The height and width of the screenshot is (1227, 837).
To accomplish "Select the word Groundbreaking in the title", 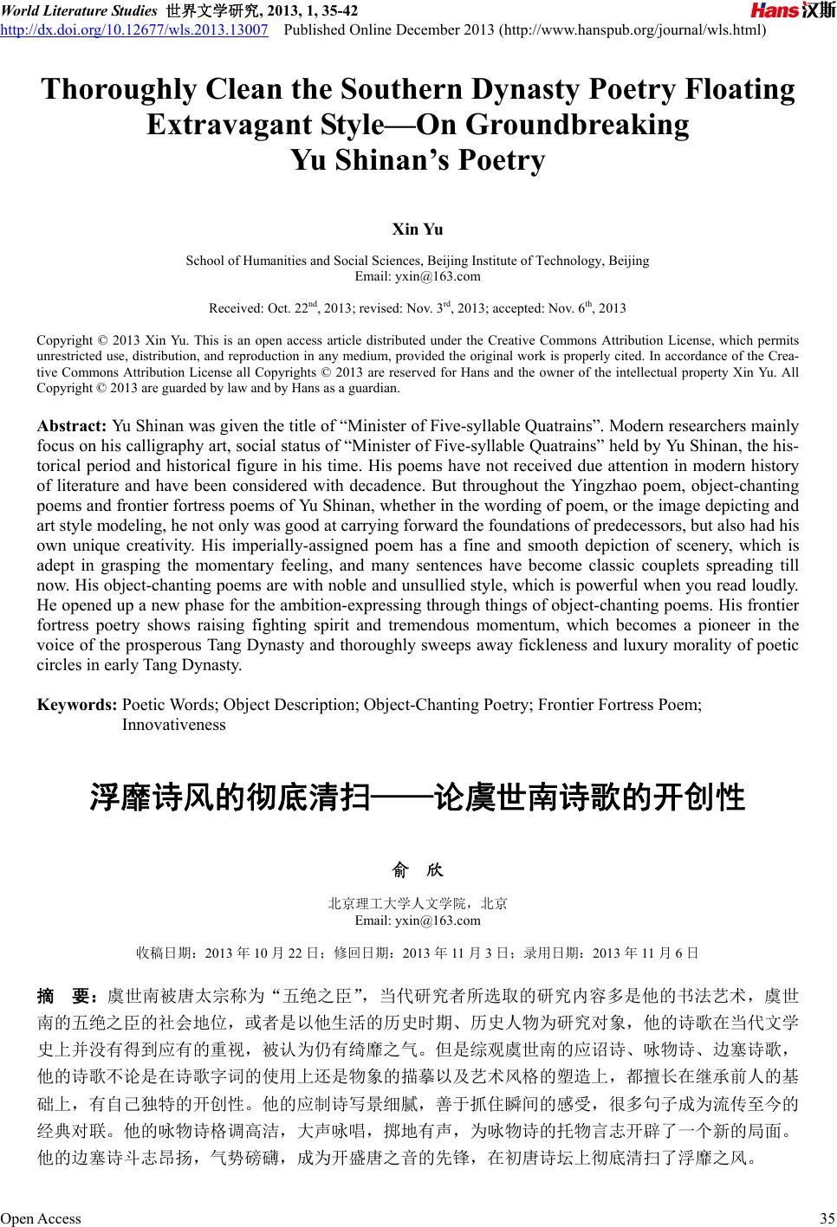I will click(x=577, y=126).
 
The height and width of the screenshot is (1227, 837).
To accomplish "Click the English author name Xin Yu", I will click(x=418, y=229).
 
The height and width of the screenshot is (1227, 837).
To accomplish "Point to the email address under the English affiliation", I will click(x=418, y=276).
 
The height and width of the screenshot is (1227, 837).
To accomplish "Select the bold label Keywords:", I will click(x=76, y=705).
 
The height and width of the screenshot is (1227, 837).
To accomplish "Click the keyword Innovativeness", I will click(x=173, y=725).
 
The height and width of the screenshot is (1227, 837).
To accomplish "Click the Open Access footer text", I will click(x=41, y=1219).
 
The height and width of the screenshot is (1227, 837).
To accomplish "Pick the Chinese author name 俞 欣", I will click(x=418, y=869).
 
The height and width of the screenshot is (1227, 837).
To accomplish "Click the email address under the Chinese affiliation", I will click(x=418, y=920).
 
